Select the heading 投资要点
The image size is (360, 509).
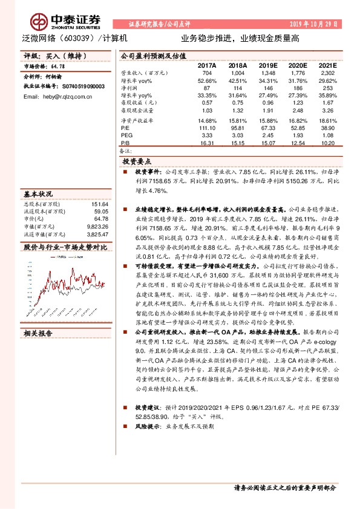pos(137,162)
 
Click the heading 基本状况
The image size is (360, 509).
pos(38,195)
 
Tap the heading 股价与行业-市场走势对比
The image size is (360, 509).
pos(64,247)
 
